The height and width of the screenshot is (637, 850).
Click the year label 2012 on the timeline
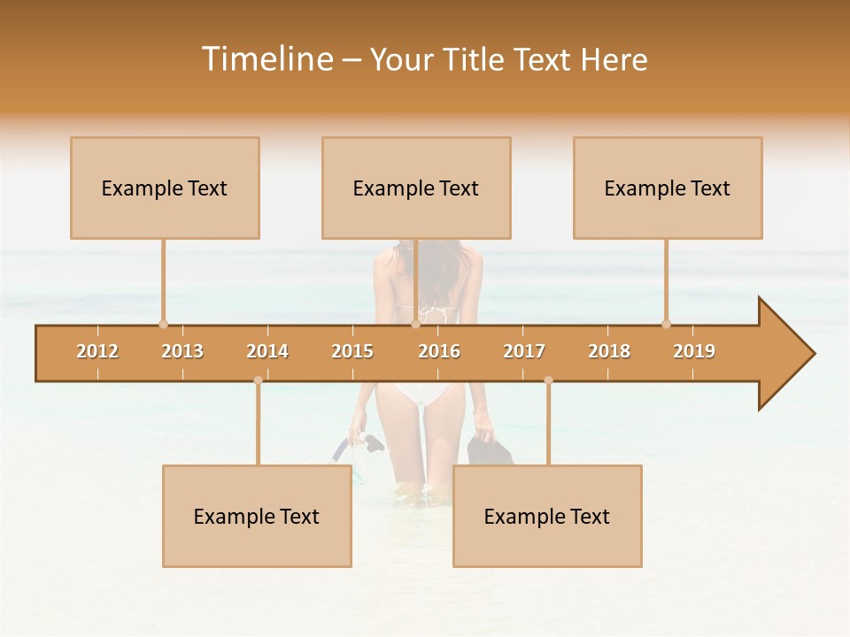click(97, 351)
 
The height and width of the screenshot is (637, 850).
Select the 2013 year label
click(182, 351)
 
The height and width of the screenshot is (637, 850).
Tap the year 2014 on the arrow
click(267, 351)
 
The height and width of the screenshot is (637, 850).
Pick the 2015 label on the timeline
click(352, 351)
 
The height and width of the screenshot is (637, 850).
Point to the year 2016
click(439, 351)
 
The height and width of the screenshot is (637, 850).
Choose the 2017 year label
click(524, 351)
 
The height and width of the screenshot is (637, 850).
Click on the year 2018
click(609, 351)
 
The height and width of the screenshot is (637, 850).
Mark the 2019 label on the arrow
click(694, 351)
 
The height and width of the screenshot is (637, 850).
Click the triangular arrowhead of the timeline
click(784, 354)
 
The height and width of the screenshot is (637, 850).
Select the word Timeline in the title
click(267, 59)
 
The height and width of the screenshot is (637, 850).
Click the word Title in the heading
click(475, 59)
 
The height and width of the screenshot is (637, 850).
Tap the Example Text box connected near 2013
click(165, 188)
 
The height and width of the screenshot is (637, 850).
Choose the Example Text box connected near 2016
click(416, 188)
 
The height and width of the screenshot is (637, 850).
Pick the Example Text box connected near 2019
click(668, 188)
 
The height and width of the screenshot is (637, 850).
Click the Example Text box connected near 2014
click(257, 516)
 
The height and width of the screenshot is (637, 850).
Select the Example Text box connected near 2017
click(547, 516)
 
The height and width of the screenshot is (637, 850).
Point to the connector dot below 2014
click(258, 380)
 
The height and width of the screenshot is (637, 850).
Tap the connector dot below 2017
click(548, 380)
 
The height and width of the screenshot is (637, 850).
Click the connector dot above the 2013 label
click(163, 324)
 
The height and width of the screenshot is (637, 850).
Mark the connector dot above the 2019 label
click(666, 324)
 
